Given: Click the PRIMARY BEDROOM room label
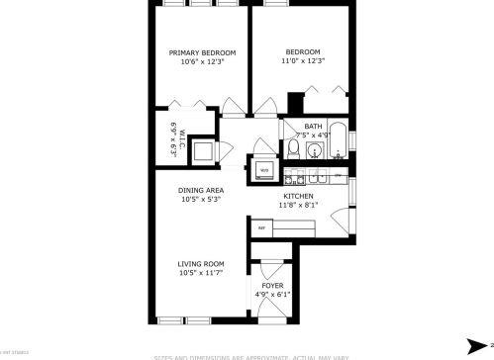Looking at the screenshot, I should [202, 52].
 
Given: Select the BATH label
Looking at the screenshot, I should [313, 126].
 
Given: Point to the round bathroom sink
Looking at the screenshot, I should [314, 150].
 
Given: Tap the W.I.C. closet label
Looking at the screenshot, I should [173, 138].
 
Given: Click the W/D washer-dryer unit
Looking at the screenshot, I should [264, 169].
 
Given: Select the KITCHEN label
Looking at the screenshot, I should [298, 197].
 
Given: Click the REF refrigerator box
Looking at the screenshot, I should [262, 228].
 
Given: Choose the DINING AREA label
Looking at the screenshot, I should [201, 190].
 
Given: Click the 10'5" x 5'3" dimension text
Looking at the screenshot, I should [201, 199].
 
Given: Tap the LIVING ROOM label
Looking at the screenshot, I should [200, 263].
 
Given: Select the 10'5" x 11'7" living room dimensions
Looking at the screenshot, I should [200, 272].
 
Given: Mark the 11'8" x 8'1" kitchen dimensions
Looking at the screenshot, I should [298, 206].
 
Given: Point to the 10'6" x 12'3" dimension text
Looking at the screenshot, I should [202, 61].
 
